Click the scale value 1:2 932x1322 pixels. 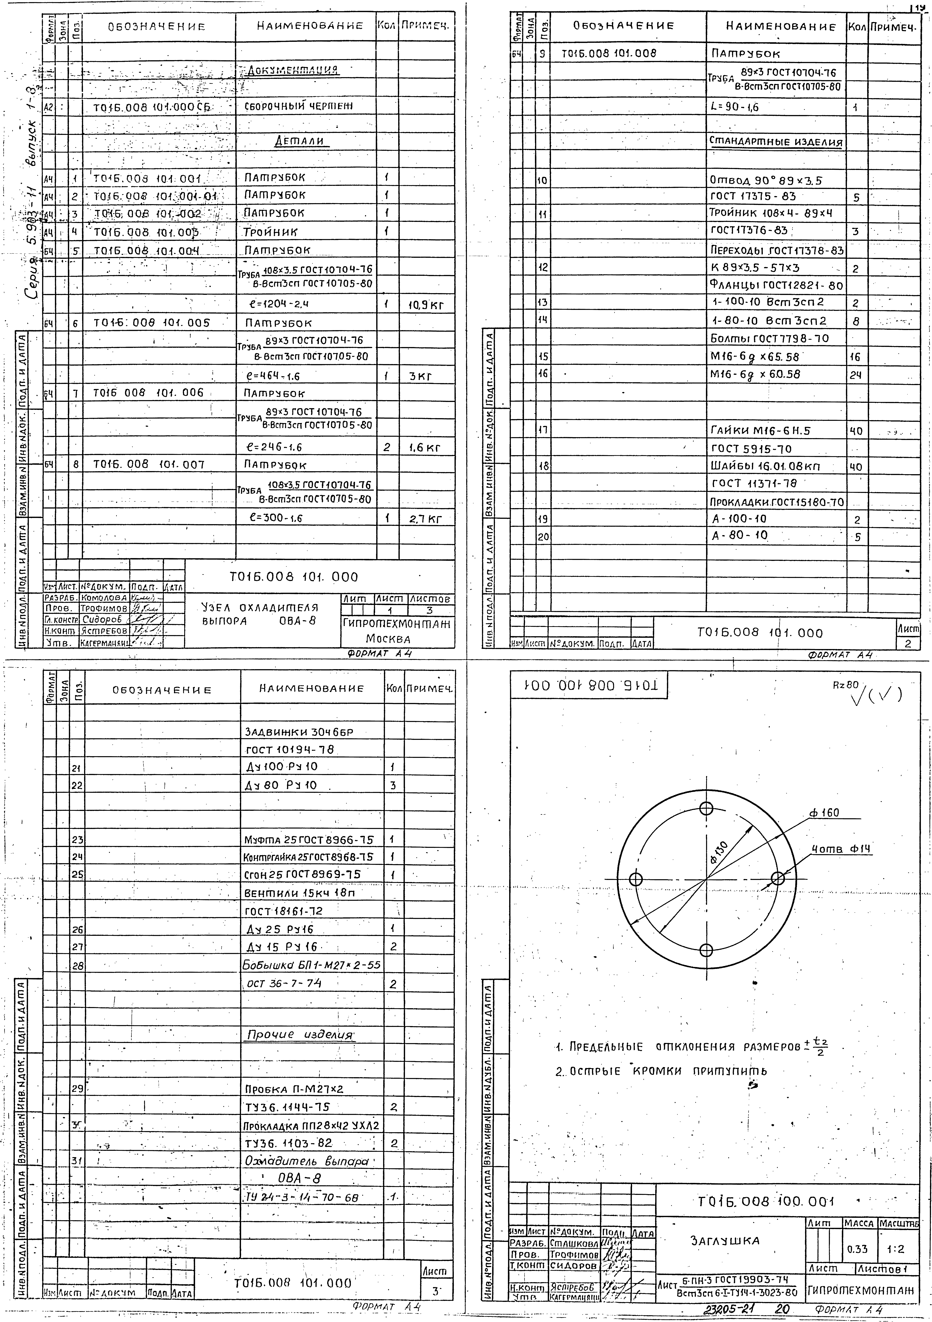click(x=896, y=1249)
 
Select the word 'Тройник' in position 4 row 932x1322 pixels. click(x=270, y=231)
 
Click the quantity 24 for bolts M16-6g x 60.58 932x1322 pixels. click(x=856, y=375)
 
